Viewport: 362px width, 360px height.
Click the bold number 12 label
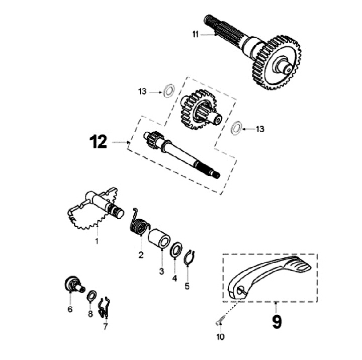[99, 142]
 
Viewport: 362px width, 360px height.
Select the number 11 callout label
[196, 34]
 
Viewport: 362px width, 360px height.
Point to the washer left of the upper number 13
[168, 91]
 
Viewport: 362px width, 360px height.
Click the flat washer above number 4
[176, 250]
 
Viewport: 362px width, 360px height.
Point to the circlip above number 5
[188, 256]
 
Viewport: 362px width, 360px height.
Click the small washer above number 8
[92, 295]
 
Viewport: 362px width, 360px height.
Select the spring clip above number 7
[105, 307]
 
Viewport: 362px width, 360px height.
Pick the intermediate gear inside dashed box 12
[200, 109]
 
